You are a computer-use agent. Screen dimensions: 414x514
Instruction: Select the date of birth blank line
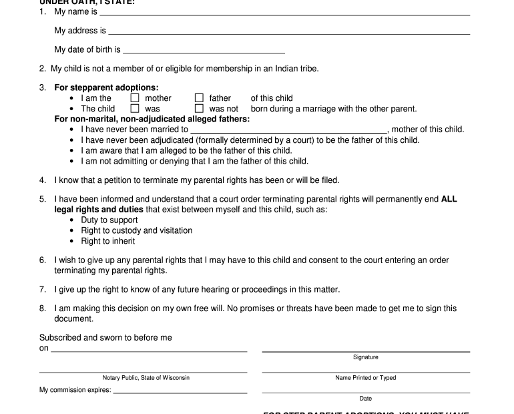204,51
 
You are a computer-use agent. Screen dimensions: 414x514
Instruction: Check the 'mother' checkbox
135,98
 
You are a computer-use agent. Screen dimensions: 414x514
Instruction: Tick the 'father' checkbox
199,98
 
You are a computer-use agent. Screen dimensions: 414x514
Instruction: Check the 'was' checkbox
135,108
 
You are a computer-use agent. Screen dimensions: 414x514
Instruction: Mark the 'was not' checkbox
199,108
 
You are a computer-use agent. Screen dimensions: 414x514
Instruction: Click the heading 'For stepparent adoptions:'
106,87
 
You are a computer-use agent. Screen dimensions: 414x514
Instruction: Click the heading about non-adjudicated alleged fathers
152,119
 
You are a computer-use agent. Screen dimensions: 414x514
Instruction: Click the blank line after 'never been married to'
288,132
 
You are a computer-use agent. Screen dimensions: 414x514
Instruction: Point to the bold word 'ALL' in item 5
449,199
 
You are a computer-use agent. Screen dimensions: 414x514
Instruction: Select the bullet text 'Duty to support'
109,220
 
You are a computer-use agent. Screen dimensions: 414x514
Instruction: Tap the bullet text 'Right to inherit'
108,241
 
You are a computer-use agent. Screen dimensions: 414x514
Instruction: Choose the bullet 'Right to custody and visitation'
137,230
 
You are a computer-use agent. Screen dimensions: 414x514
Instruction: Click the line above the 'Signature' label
366,351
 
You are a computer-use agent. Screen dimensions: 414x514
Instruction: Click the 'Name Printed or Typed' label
366,378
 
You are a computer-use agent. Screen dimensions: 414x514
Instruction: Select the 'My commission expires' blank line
180,393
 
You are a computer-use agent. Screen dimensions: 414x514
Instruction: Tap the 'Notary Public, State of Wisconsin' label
146,378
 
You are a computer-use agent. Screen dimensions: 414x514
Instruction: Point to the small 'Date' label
366,399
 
